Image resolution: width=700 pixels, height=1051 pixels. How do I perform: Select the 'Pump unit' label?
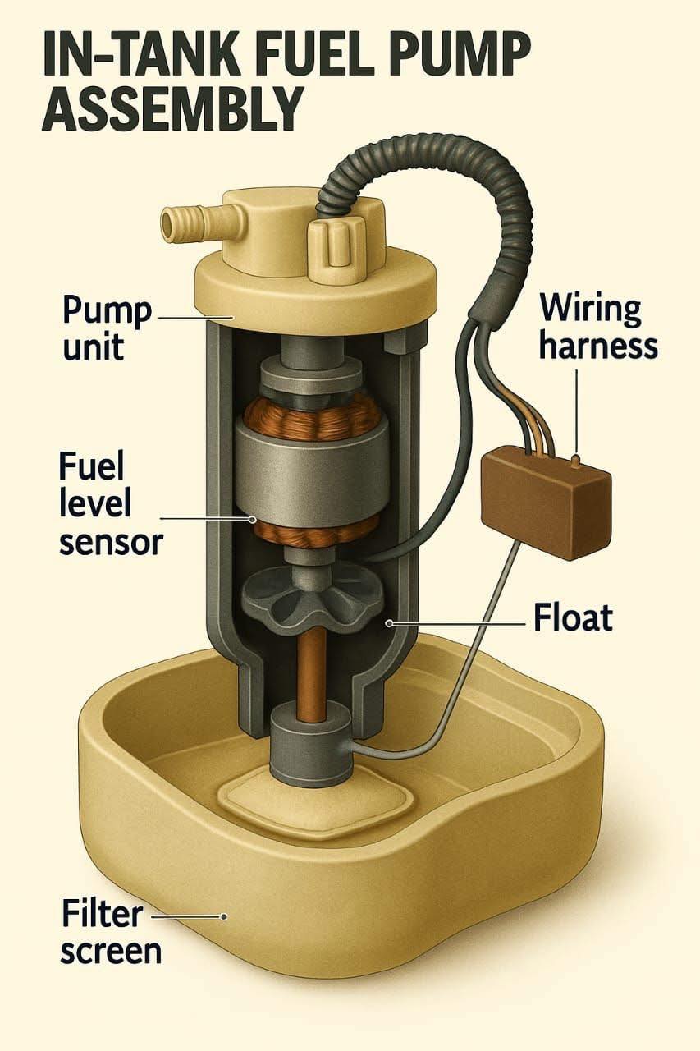(107, 328)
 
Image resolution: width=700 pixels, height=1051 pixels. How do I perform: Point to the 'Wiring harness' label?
(597, 328)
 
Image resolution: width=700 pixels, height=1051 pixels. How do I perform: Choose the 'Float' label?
(573, 618)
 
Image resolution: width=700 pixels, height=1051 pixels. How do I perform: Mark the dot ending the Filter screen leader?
(224, 916)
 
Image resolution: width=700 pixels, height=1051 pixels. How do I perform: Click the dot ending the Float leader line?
(389, 623)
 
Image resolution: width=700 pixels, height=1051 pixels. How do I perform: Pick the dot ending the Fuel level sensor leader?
(253, 520)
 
